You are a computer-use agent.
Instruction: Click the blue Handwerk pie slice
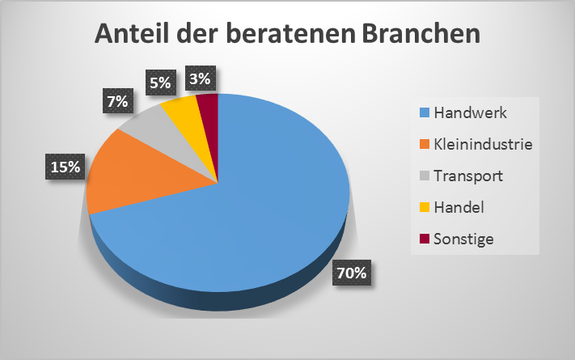click(243, 218)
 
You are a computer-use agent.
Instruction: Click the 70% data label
click(350, 273)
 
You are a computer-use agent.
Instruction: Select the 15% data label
click(64, 167)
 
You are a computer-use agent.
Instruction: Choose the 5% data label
click(159, 82)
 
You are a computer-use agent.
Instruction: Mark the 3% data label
click(199, 79)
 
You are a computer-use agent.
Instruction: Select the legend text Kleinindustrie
click(484, 144)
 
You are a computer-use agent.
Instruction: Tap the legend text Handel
click(459, 207)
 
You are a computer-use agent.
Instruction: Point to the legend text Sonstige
click(463, 239)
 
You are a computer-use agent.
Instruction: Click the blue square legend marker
click(423, 112)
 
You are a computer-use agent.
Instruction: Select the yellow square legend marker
click(423, 207)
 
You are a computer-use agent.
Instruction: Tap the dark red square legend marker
click(423, 239)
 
